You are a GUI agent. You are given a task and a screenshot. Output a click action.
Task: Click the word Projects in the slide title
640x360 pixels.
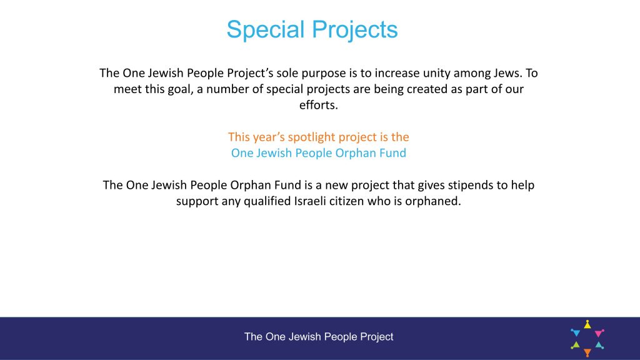[x=355, y=29]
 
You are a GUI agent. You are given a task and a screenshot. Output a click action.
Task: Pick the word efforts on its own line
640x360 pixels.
[x=318, y=105]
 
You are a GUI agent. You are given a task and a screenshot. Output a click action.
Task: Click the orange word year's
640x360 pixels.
[x=269, y=137]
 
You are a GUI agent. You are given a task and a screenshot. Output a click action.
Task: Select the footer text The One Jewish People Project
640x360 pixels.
[x=319, y=337]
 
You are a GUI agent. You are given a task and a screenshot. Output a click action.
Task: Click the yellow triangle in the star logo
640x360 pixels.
[x=587, y=324]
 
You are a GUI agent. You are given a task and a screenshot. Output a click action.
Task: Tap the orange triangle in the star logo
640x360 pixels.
[x=587, y=352]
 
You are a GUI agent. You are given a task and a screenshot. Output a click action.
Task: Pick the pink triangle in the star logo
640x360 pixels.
[x=599, y=333]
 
